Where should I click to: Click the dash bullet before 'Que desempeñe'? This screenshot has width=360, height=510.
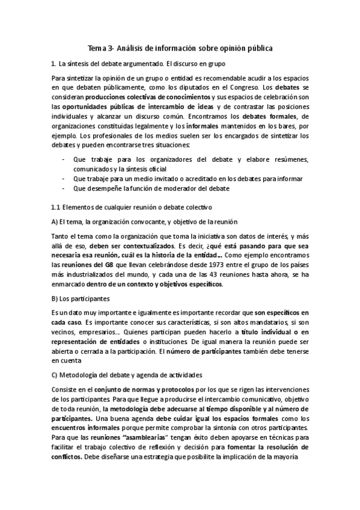(64, 188)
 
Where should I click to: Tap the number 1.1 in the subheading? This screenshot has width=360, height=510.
(57, 207)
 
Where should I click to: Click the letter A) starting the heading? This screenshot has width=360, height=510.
(55, 222)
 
